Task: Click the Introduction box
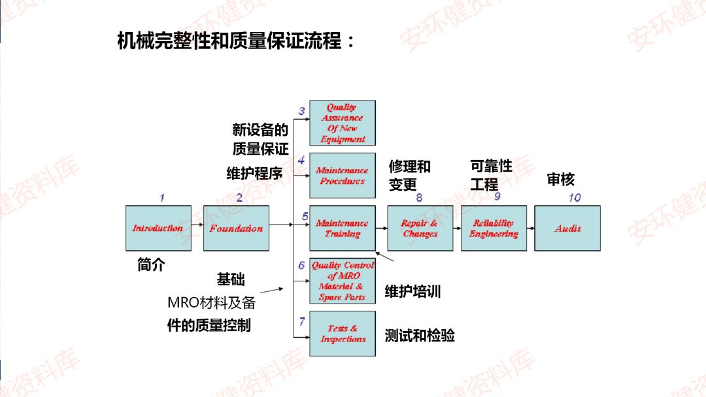pyautogui.click(x=158, y=228)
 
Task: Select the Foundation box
pyautogui.click(x=236, y=228)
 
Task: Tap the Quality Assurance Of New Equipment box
pyautogui.click(x=342, y=123)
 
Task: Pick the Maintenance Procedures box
pyautogui.click(x=342, y=176)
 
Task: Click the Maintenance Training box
pyautogui.click(x=342, y=228)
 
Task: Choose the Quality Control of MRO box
pyautogui.click(x=342, y=281)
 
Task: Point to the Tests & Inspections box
pyautogui.click(x=342, y=334)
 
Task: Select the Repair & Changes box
pyautogui.click(x=420, y=228)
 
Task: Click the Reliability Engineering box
pyautogui.click(x=493, y=228)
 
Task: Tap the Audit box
pyautogui.click(x=567, y=228)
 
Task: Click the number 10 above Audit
pyautogui.click(x=574, y=197)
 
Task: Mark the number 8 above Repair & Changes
pyautogui.click(x=419, y=197)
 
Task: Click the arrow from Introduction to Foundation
pyautogui.click(x=197, y=228)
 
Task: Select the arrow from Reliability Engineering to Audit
pyautogui.click(x=529, y=229)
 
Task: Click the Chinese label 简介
pyautogui.click(x=151, y=264)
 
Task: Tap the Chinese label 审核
pyautogui.click(x=560, y=180)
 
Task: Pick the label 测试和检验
pyautogui.click(x=420, y=336)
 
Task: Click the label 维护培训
pyautogui.click(x=412, y=291)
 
